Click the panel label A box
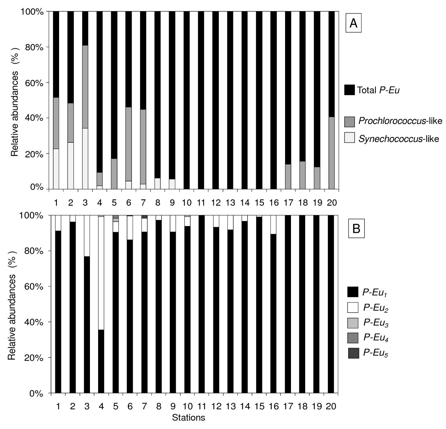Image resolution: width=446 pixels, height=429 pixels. (353, 24)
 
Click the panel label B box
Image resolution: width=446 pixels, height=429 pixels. (356, 228)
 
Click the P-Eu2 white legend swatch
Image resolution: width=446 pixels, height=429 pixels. (353, 307)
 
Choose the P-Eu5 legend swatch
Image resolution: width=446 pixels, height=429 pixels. (353, 353)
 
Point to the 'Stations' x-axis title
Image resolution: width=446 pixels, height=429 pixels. (188, 417)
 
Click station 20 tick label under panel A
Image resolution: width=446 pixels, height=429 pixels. (331, 203)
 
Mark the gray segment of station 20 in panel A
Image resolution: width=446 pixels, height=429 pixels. (331, 153)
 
